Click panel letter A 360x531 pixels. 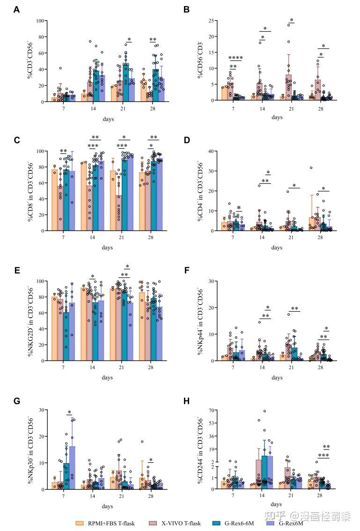point(17,9)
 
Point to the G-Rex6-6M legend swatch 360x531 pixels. point(216,523)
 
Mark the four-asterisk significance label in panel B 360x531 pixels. point(235,58)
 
